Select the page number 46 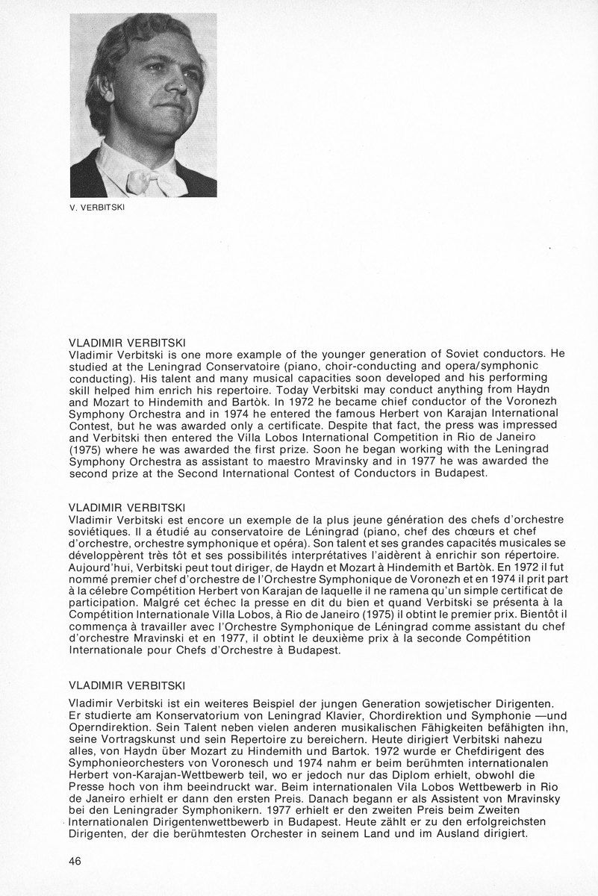click(74, 861)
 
